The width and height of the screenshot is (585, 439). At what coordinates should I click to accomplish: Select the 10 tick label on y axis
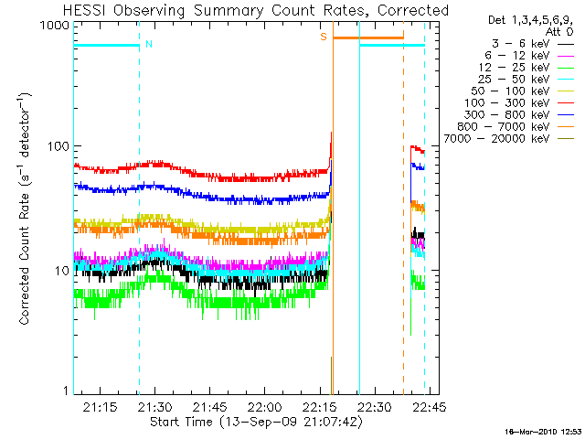click(60, 271)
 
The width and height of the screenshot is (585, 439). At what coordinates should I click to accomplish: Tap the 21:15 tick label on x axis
click(101, 405)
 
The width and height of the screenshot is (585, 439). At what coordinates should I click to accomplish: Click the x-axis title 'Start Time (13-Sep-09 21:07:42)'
click(257, 422)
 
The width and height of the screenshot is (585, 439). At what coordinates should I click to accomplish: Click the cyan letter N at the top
click(148, 43)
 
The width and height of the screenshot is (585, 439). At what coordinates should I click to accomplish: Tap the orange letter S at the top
click(324, 37)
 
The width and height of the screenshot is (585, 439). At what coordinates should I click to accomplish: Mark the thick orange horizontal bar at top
click(367, 37)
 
